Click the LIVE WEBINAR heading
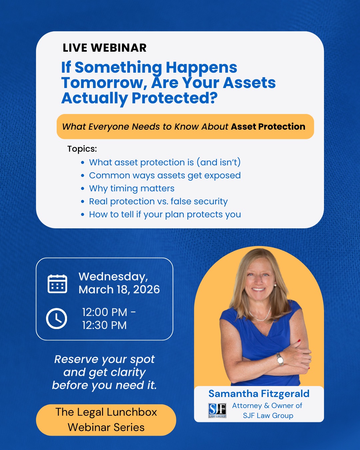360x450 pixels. coord(105,48)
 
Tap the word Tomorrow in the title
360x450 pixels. coord(102,83)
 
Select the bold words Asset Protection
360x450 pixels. coord(268,127)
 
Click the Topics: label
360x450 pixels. coord(82,149)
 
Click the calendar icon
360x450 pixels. coord(57,284)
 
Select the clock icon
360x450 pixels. coord(56,318)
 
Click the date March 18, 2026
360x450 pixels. coord(119,289)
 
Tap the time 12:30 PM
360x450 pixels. coord(104,325)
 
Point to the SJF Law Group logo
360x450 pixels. coord(217,410)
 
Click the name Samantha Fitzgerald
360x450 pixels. coord(259,394)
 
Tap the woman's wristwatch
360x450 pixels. coord(280,359)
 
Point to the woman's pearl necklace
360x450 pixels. coord(260,315)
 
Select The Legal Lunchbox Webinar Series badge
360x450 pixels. coord(106,420)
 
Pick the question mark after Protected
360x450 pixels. coord(213,97)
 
